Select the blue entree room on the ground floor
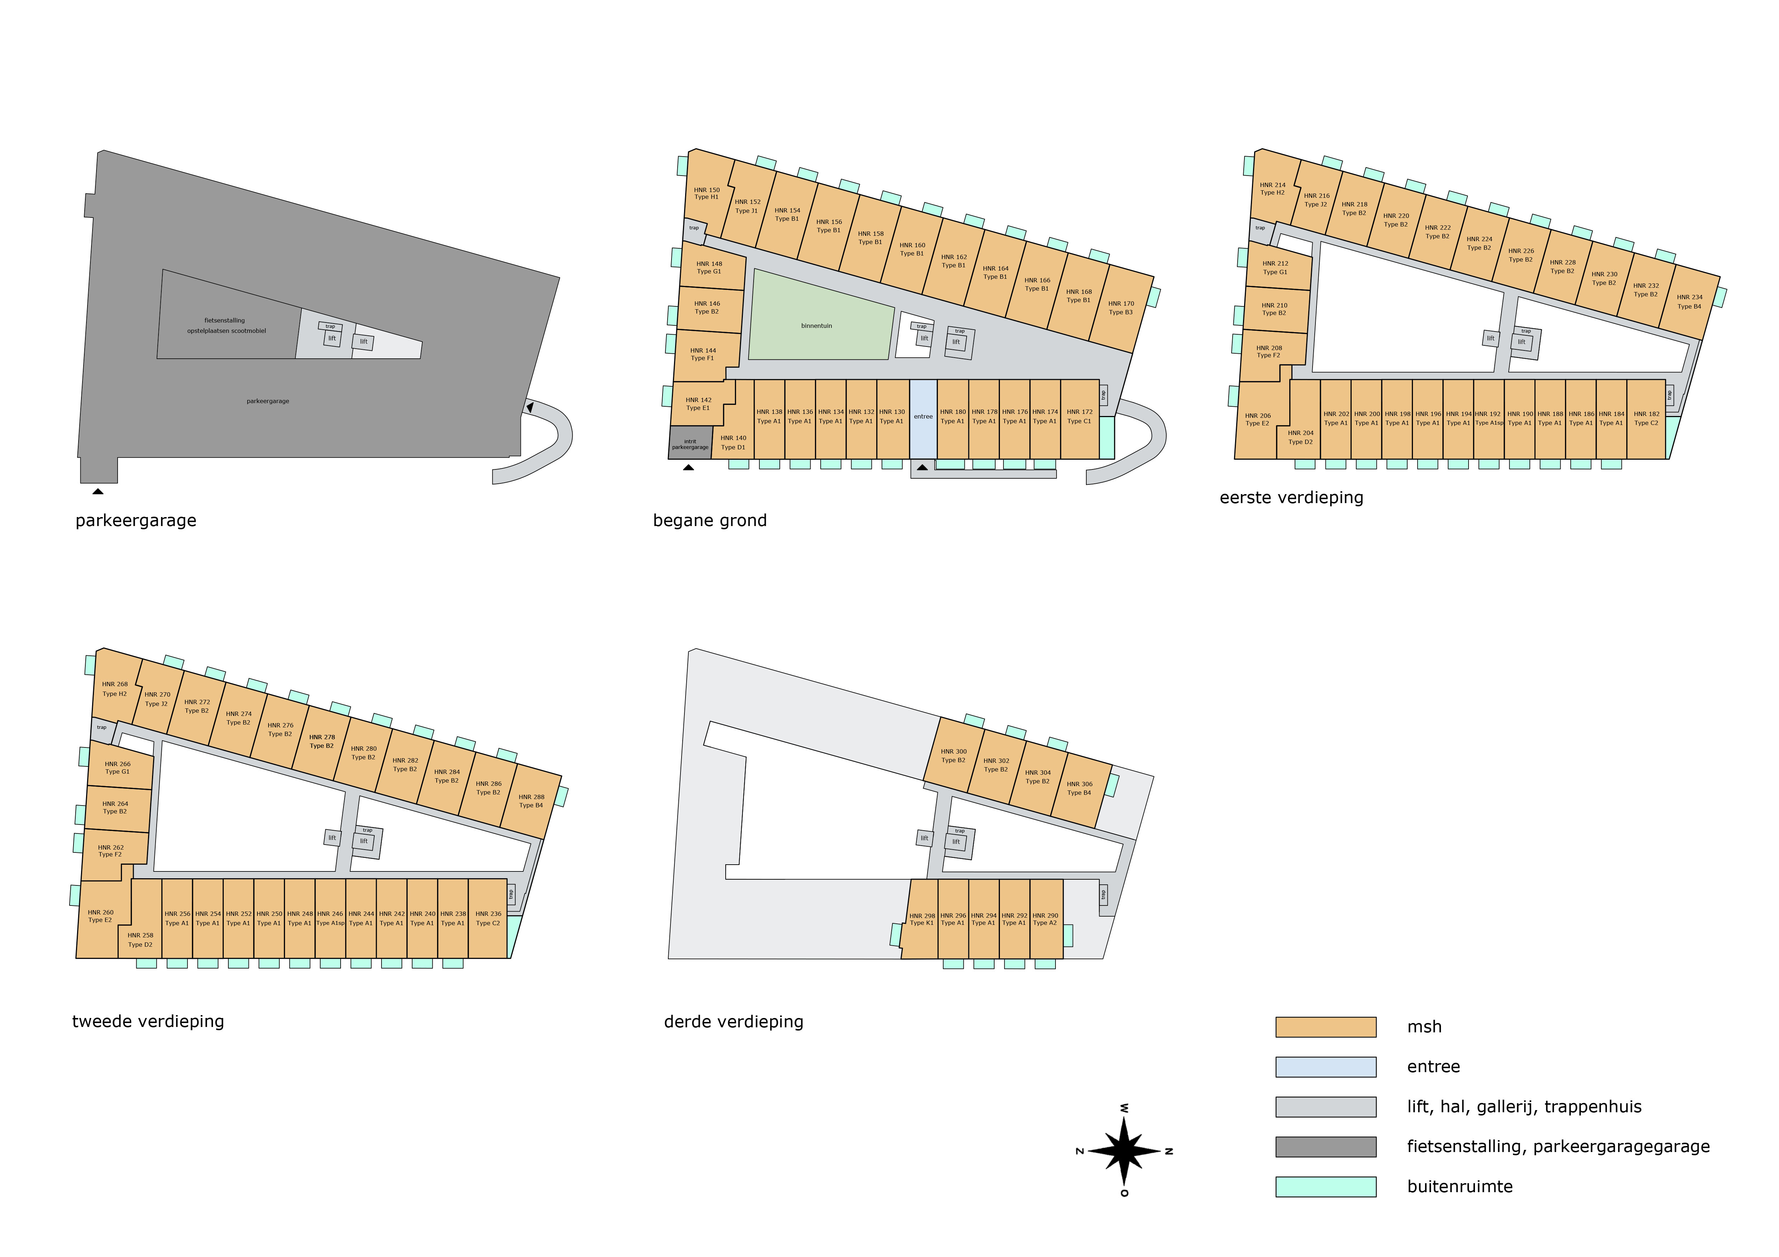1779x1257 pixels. coord(923,418)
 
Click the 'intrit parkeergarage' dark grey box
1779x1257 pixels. coord(689,443)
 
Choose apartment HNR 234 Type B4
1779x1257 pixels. coord(1689,302)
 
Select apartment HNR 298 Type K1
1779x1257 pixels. coord(921,919)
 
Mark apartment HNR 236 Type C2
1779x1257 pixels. coord(488,918)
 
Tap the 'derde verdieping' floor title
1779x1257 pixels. coord(733,1022)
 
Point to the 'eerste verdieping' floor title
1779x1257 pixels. coord(1291,498)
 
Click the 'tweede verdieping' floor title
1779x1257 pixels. coord(148,1022)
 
